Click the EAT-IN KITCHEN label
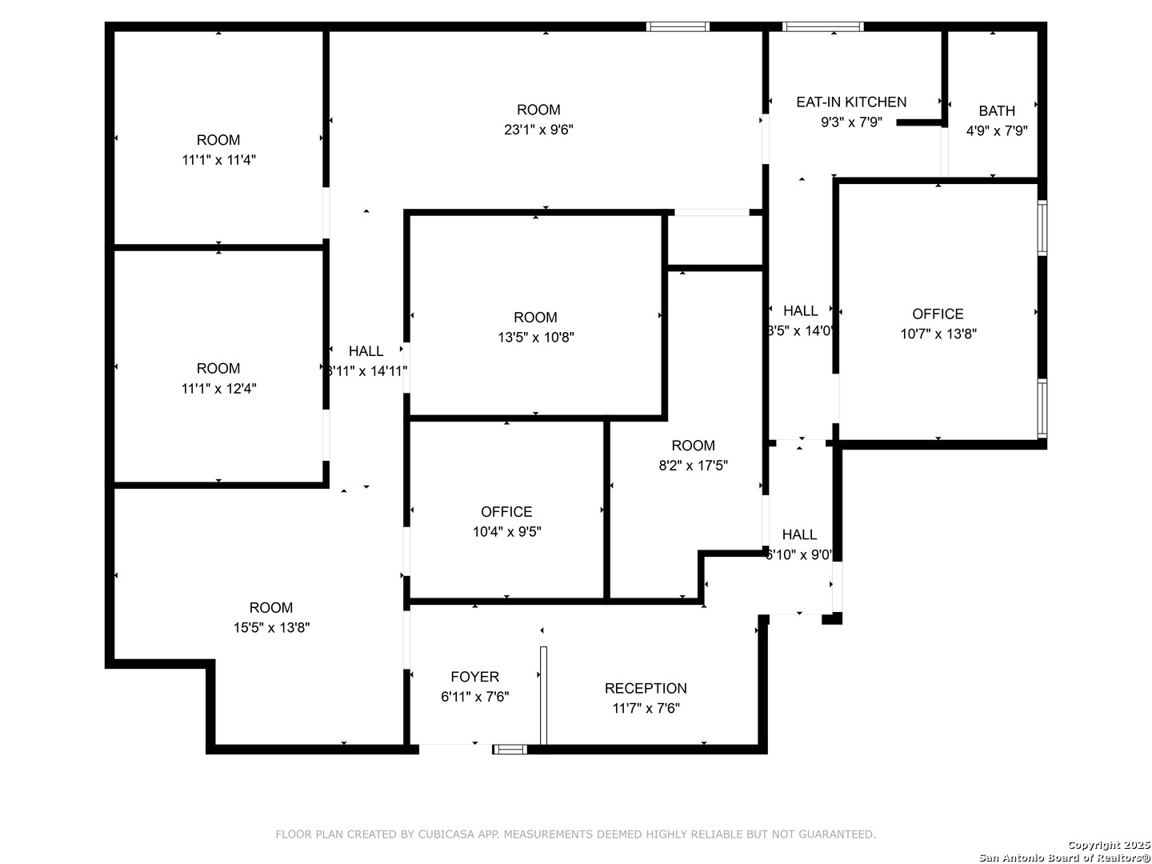(x=851, y=102)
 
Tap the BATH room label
(x=996, y=110)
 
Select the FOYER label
(x=474, y=677)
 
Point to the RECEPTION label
(x=646, y=688)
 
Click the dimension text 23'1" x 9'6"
(x=538, y=130)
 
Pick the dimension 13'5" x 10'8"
(x=535, y=337)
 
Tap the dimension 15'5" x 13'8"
(x=271, y=627)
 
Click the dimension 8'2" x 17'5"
(x=693, y=466)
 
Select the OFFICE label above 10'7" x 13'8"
(x=938, y=314)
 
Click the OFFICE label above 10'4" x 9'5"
(x=506, y=511)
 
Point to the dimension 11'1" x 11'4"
(x=218, y=160)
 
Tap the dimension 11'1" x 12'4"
(x=218, y=389)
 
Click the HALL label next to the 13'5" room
(x=366, y=350)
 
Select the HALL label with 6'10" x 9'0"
(x=799, y=534)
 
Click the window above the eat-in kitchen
(x=823, y=26)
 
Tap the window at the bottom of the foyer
(x=510, y=750)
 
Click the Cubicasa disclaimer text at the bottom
(x=575, y=834)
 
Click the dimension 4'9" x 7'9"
(x=997, y=130)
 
